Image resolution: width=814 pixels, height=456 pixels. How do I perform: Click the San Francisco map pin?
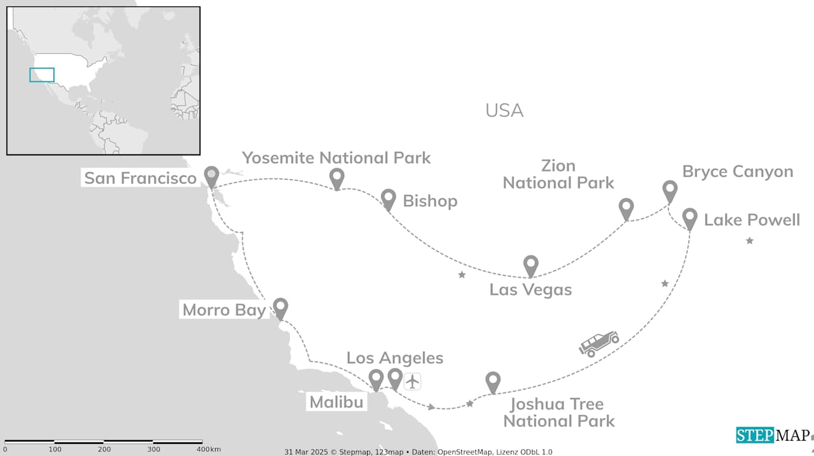[211, 175]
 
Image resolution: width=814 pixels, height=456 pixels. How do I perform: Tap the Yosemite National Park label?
[336, 158]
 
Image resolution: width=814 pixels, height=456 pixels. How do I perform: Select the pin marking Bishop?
[388, 198]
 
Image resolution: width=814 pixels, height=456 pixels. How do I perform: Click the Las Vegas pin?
[530, 265]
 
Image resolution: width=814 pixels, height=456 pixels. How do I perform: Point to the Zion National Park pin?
[626, 207]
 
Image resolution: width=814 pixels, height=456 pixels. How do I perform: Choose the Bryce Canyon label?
[737, 171]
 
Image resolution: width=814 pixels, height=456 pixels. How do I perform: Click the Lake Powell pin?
[690, 217]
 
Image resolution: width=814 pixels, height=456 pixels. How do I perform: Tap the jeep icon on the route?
[598, 343]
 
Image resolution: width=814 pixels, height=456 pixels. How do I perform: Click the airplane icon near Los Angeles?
[413, 381]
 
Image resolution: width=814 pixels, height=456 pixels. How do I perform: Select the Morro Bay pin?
[280, 307]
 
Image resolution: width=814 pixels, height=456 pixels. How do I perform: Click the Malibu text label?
[336, 402]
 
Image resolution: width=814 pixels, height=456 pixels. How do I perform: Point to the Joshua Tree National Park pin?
[493, 381]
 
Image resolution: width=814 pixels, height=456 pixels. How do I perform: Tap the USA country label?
[504, 111]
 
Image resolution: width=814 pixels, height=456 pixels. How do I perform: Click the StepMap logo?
[773, 435]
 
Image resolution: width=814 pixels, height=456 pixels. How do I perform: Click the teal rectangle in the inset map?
[42, 75]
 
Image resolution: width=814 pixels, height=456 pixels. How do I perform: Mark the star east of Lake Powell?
[750, 241]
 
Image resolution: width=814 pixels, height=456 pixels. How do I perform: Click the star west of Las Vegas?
[462, 275]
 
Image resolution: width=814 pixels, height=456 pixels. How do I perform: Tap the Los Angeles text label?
[394, 358]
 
